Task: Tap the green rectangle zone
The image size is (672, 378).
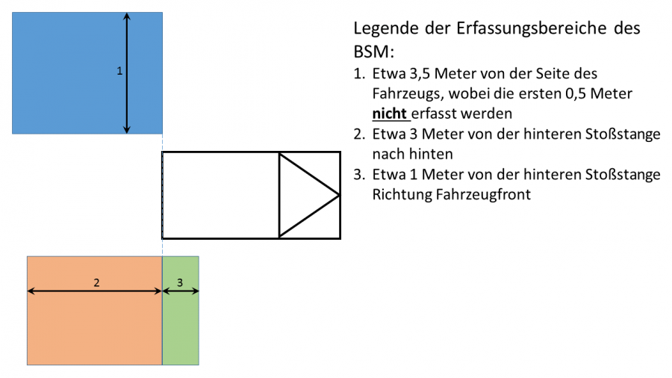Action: (x=181, y=329)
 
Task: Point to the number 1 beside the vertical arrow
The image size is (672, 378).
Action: (x=119, y=71)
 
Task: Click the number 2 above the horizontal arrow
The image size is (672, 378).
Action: (x=96, y=282)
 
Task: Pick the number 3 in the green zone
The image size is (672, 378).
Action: (x=180, y=282)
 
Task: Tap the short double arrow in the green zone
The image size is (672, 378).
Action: (x=181, y=291)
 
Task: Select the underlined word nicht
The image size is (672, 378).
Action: (x=390, y=114)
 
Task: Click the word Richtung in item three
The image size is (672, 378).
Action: (x=398, y=195)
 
